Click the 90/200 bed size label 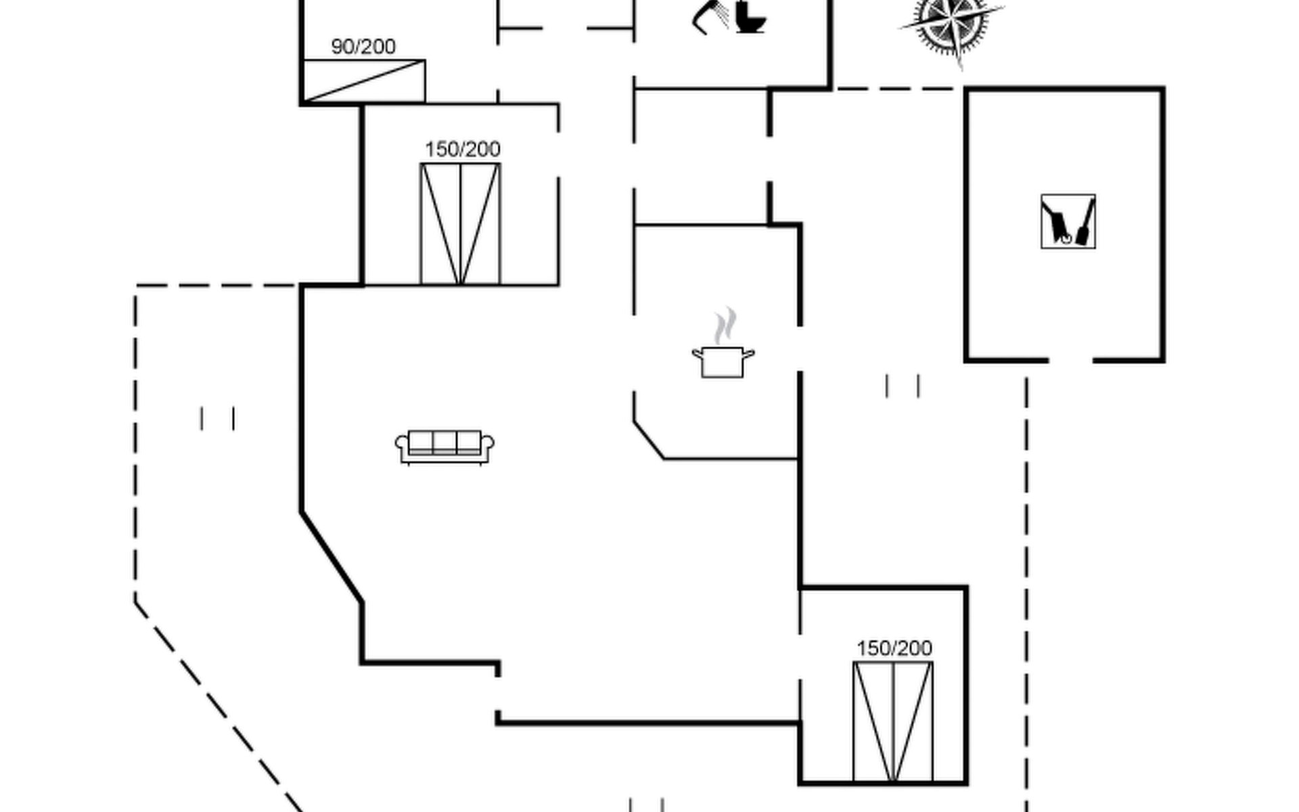[x=363, y=46]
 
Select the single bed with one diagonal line [x=364, y=81]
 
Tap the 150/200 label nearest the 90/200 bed [x=463, y=149]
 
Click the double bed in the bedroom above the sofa [x=460, y=224]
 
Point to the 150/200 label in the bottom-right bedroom [x=894, y=648]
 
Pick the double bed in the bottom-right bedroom [x=893, y=722]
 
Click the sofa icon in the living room [x=445, y=447]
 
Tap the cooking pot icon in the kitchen [x=723, y=362]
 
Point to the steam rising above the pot [x=725, y=325]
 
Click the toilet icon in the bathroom [x=750, y=18]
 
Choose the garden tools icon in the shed [x=1068, y=222]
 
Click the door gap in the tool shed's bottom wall [x=1071, y=361]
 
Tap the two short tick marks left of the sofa [x=217, y=418]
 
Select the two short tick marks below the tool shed [x=903, y=386]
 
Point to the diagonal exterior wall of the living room [x=332, y=557]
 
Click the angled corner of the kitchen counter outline [x=649, y=440]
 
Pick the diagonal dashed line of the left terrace [x=219, y=706]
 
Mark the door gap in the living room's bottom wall [x=498, y=694]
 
